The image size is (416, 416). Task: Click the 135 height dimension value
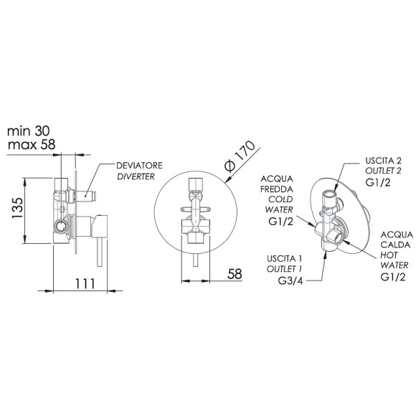18,208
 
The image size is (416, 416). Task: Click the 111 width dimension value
85,283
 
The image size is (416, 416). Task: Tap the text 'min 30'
29,131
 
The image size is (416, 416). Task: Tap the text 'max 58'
32,145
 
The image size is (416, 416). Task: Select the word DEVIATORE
139,166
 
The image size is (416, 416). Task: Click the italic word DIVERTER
136,176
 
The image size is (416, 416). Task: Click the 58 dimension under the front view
235,274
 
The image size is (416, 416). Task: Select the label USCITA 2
383,161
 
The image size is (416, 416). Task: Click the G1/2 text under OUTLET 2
378,182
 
